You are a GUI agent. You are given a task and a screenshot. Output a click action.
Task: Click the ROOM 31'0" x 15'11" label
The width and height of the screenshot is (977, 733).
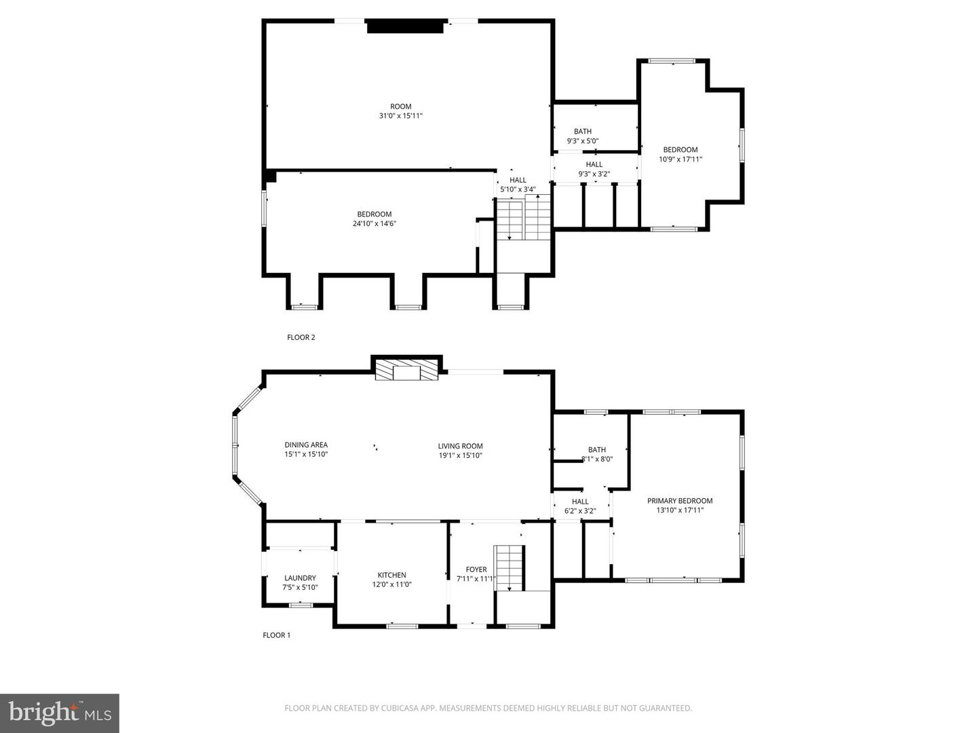(400, 111)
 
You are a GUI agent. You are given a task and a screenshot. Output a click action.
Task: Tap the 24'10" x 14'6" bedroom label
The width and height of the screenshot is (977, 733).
(375, 219)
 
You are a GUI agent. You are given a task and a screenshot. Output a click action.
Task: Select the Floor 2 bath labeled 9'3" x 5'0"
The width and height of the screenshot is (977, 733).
(583, 136)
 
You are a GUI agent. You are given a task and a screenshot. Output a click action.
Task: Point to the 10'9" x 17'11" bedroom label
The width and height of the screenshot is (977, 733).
(680, 155)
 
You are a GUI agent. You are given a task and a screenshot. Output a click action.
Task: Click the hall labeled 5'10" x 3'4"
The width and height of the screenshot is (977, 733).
(518, 185)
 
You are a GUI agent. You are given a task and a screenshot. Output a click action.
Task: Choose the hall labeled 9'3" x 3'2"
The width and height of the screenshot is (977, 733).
(594, 169)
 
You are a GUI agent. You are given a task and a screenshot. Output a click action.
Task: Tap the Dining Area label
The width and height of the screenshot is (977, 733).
(306, 450)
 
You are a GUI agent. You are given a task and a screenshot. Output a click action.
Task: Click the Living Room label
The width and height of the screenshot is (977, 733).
(460, 451)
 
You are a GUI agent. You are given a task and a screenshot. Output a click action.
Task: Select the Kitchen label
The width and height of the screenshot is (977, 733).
(391, 580)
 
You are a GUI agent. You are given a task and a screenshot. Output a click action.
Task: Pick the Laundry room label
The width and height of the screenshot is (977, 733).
(300, 583)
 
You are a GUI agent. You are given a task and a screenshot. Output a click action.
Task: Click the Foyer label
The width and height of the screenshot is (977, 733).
(476, 574)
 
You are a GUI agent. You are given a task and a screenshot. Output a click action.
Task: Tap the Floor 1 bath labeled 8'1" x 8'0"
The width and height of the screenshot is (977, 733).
(597, 454)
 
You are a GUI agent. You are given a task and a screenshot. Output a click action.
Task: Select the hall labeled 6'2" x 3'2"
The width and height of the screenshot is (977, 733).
(580, 506)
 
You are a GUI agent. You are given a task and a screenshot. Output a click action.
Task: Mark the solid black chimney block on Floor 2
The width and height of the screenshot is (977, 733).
(405, 26)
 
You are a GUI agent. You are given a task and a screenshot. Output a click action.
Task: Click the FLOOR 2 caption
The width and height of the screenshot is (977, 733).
(301, 337)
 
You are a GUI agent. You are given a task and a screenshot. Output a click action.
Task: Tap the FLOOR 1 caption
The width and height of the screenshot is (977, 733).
(276, 635)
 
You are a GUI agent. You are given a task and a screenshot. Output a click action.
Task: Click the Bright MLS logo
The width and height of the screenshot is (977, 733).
(60, 713)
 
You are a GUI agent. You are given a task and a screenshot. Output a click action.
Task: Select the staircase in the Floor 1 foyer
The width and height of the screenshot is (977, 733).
(510, 567)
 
